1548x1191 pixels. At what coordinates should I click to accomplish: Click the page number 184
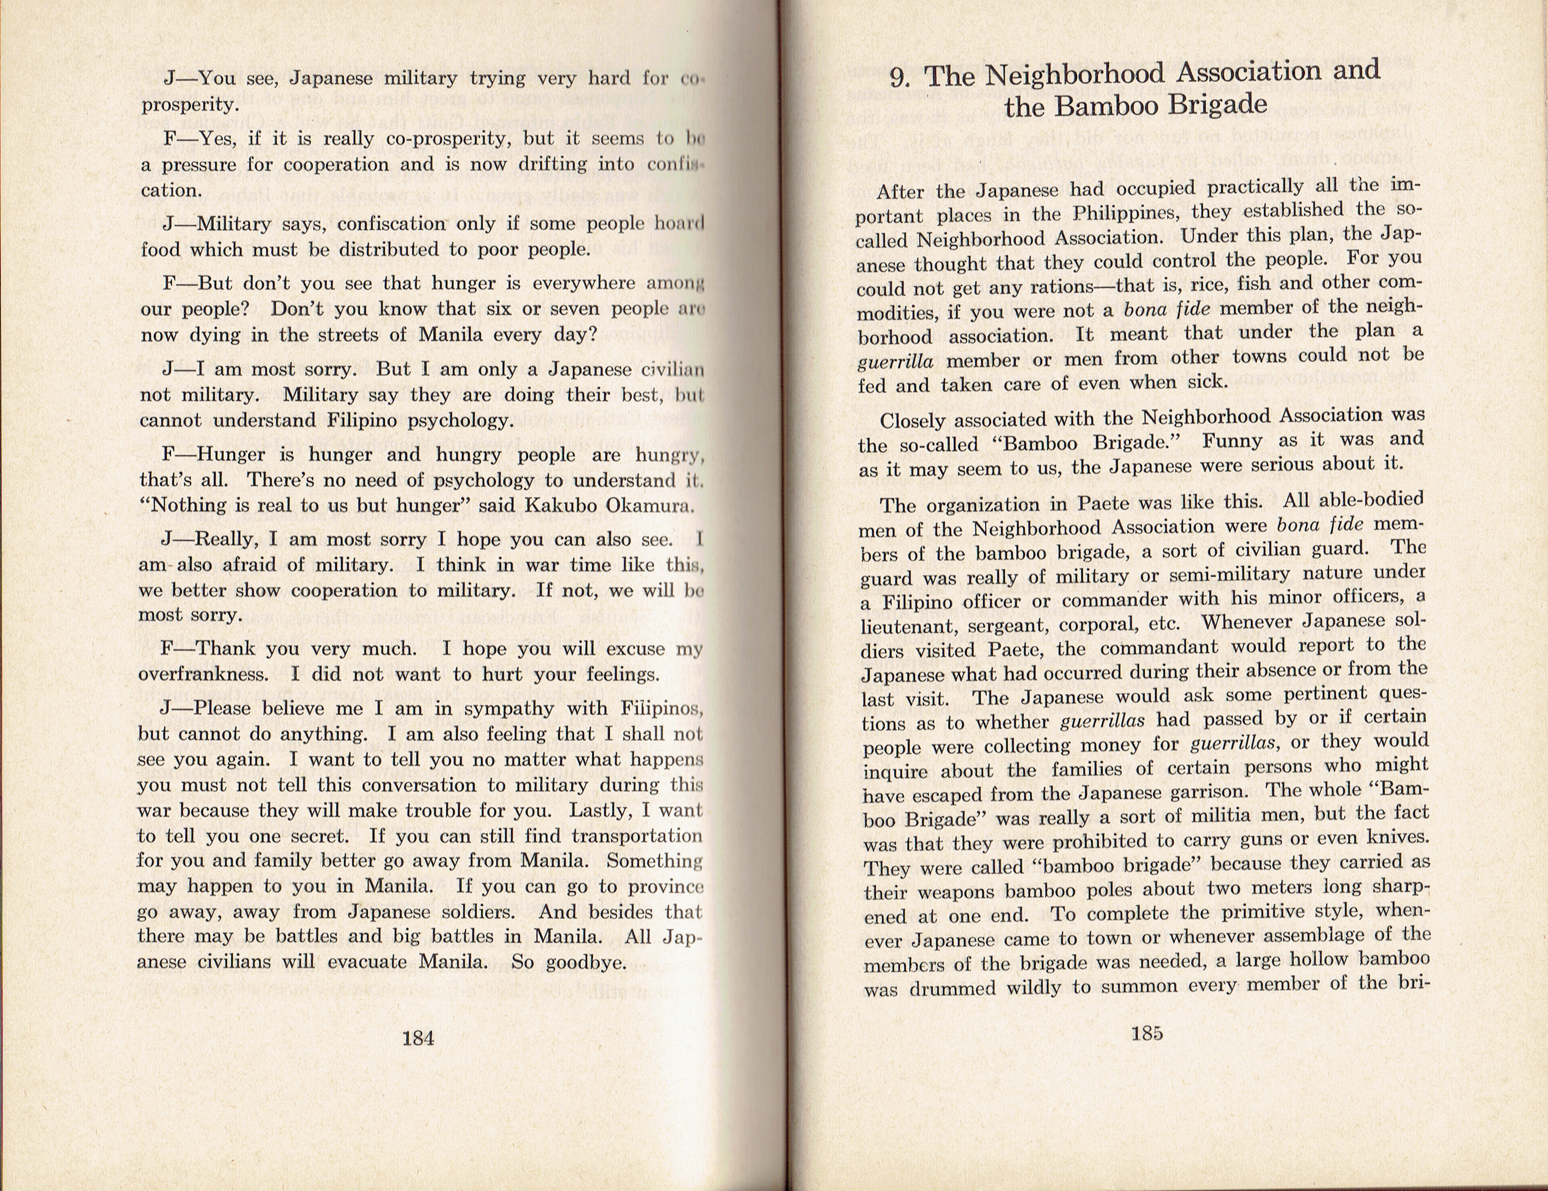[418, 1039]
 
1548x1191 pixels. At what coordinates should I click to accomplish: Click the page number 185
[1146, 1033]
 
